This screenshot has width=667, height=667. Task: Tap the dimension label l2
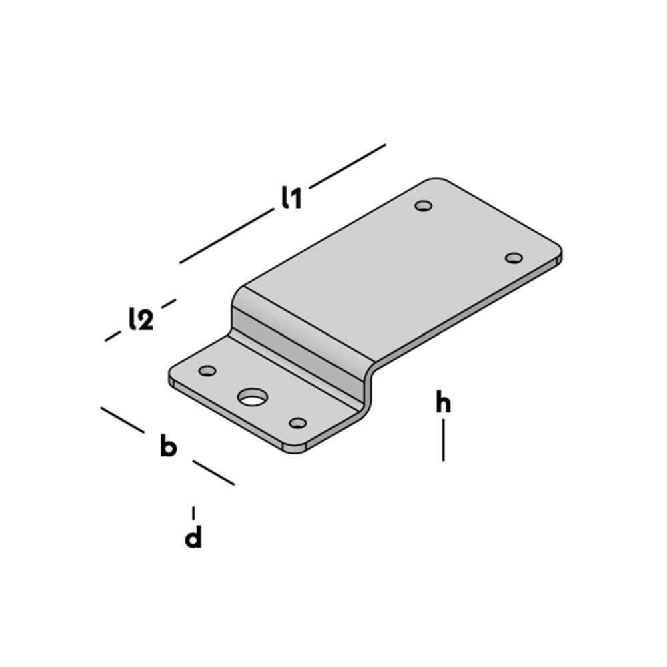click(x=141, y=320)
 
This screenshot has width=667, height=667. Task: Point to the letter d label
click(x=193, y=538)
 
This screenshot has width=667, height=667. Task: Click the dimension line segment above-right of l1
click(x=348, y=166)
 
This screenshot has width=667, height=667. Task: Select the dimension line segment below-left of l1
click(x=227, y=236)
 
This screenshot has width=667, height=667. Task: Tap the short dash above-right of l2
click(x=169, y=303)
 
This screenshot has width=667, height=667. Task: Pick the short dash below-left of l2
click(x=113, y=336)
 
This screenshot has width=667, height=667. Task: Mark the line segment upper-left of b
click(x=123, y=420)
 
